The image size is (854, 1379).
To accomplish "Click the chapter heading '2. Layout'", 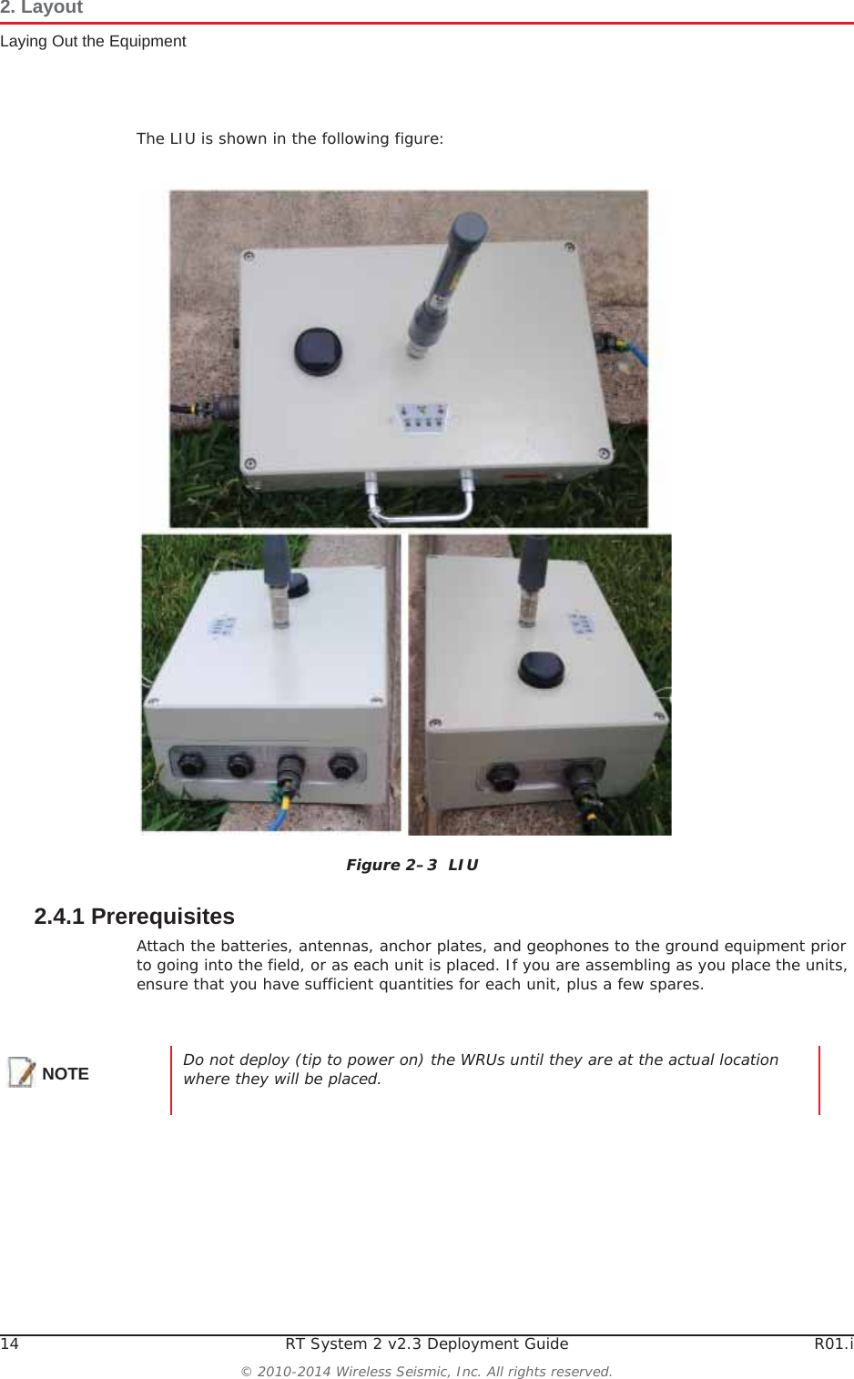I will (42, 8).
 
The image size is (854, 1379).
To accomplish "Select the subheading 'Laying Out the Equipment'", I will (93, 41).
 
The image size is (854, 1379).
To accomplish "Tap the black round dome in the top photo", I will (319, 350).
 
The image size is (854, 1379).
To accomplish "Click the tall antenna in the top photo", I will (446, 282).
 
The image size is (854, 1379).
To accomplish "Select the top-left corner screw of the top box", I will (248, 257).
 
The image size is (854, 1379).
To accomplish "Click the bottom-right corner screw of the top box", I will (603, 453).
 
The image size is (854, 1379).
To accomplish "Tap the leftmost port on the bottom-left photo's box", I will (190, 764).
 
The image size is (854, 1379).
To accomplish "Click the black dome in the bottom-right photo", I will (542, 669).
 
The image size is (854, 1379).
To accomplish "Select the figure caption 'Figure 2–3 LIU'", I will (412, 865).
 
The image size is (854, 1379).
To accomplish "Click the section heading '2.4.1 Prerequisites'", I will (134, 916).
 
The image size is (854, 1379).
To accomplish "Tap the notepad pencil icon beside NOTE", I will (22, 1072).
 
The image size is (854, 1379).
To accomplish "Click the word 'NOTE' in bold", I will (66, 1074).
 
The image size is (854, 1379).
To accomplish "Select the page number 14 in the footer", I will (9, 1344).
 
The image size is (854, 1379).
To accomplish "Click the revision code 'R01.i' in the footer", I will (833, 1344).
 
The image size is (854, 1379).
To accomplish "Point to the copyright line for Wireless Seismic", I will (426, 1371).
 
